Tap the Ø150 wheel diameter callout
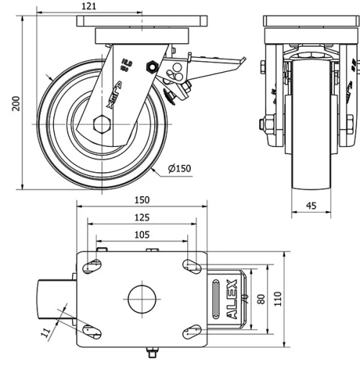point(179,169)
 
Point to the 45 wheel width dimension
point(311,206)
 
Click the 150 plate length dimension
point(141,200)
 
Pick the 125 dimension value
point(141,217)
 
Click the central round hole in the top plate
point(142,298)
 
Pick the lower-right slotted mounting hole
point(191,331)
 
